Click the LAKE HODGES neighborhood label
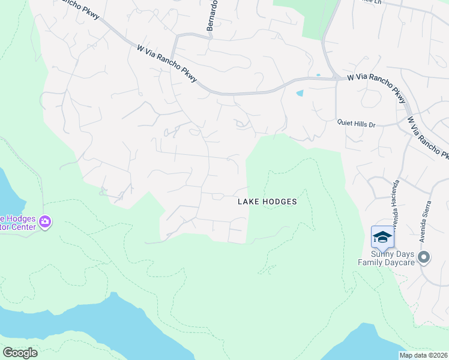click(267, 202)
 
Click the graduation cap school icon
click(382, 237)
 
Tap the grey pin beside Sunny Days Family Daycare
click(424, 258)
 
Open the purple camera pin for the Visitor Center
click(45, 223)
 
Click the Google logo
click(19, 352)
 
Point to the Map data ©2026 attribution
click(423, 355)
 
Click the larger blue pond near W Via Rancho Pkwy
click(300, 93)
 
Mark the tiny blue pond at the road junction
click(318, 75)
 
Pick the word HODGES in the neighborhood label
click(280, 202)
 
